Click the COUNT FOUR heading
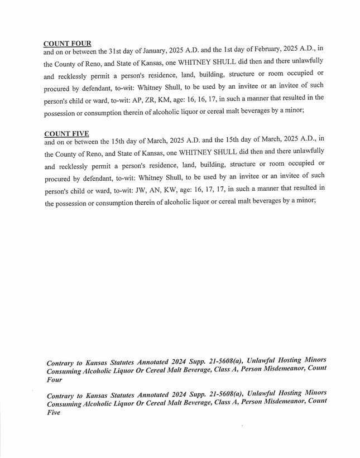(67, 44)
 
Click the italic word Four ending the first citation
(54, 379)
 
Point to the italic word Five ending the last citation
(53, 413)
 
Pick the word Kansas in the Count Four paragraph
(150, 62)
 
